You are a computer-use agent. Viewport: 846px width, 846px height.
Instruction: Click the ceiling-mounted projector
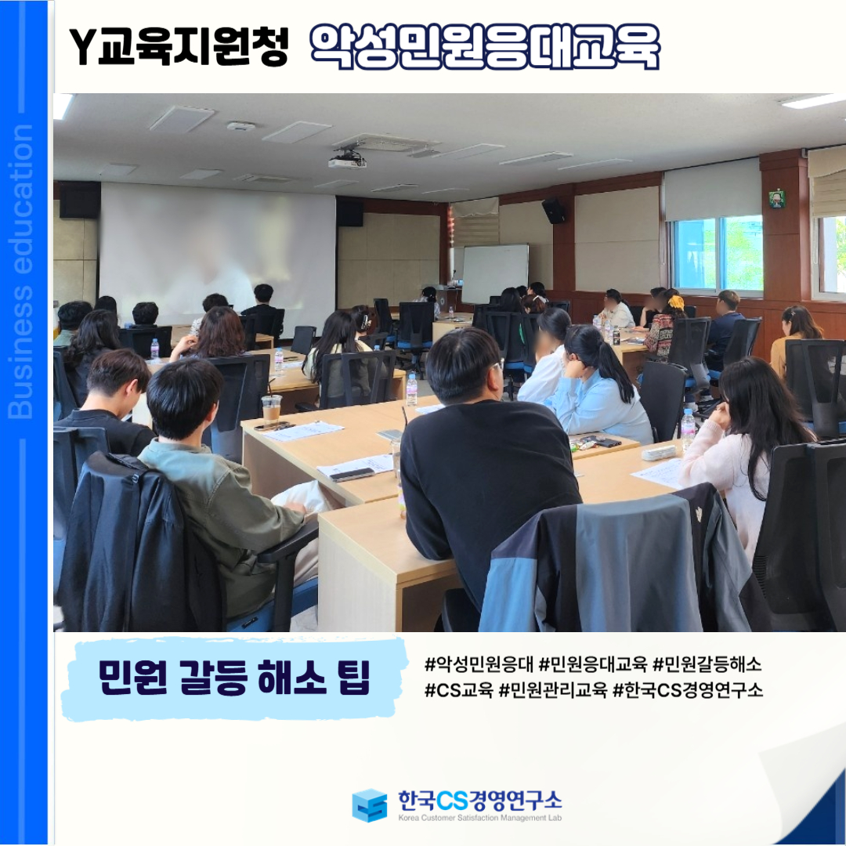(x=348, y=161)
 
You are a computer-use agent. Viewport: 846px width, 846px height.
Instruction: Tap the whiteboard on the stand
(x=495, y=273)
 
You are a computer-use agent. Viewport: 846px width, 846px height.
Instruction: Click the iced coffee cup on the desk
(x=271, y=409)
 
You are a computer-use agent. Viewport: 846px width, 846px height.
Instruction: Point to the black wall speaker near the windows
(x=554, y=210)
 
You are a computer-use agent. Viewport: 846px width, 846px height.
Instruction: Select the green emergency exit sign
(x=776, y=197)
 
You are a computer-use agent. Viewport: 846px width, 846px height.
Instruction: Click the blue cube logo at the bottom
(x=370, y=805)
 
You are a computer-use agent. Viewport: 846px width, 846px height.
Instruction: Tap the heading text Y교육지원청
(x=179, y=47)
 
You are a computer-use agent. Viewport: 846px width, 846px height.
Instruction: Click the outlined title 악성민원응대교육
(x=485, y=47)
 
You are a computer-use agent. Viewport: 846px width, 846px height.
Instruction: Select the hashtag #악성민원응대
(x=479, y=663)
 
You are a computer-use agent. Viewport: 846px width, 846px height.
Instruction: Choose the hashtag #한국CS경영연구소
(x=688, y=690)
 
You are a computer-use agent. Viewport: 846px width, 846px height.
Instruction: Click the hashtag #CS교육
(x=458, y=690)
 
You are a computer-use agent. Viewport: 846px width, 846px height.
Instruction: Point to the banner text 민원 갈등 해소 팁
(x=235, y=678)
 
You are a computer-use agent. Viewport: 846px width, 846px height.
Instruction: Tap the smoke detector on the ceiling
(x=240, y=126)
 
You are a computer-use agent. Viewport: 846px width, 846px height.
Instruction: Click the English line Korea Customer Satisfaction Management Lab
(x=479, y=818)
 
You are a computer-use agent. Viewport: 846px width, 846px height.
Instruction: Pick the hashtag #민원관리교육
(x=552, y=690)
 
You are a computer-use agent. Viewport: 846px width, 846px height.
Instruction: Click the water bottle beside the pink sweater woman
(x=688, y=428)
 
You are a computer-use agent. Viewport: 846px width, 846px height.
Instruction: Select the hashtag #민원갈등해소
(x=707, y=663)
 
